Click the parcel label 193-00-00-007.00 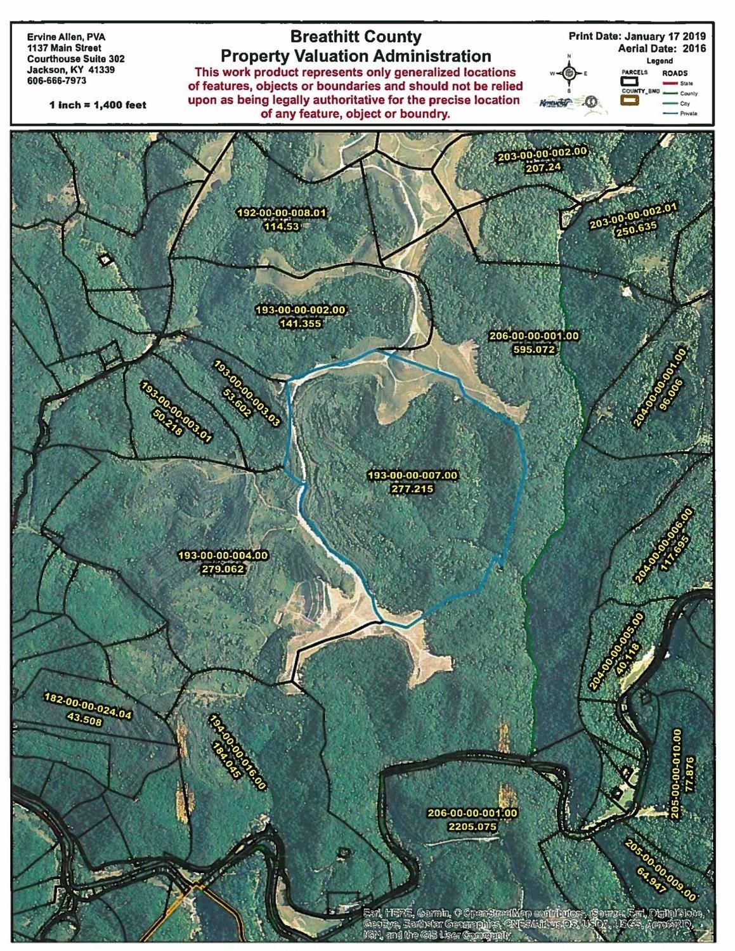[412, 475]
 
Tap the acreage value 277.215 [412, 489]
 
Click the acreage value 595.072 [534, 349]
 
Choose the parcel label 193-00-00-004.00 [223, 556]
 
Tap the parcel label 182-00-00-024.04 [88, 714]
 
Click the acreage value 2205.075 [471, 827]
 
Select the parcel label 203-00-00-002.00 [542, 154]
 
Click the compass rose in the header [569, 73]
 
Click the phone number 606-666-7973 [57, 81]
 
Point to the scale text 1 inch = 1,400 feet [98, 105]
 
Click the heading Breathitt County [356, 37]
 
